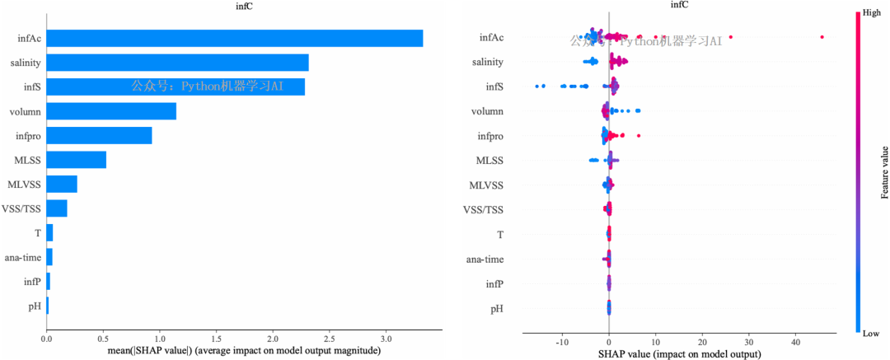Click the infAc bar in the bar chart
click(234, 38)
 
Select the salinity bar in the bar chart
click(177, 63)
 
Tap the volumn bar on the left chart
click(111, 111)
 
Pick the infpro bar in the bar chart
click(99, 136)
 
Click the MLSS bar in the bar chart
click(76, 160)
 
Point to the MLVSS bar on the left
click(62, 185)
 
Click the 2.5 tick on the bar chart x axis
click(329, 339)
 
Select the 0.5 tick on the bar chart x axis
click(103, 339)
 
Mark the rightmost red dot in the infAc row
click(822, 37)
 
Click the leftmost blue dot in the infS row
click(537, 86)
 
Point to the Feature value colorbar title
click(884, 172)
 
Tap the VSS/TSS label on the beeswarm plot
click(484, 210)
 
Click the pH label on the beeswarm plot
click(497, 309)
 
